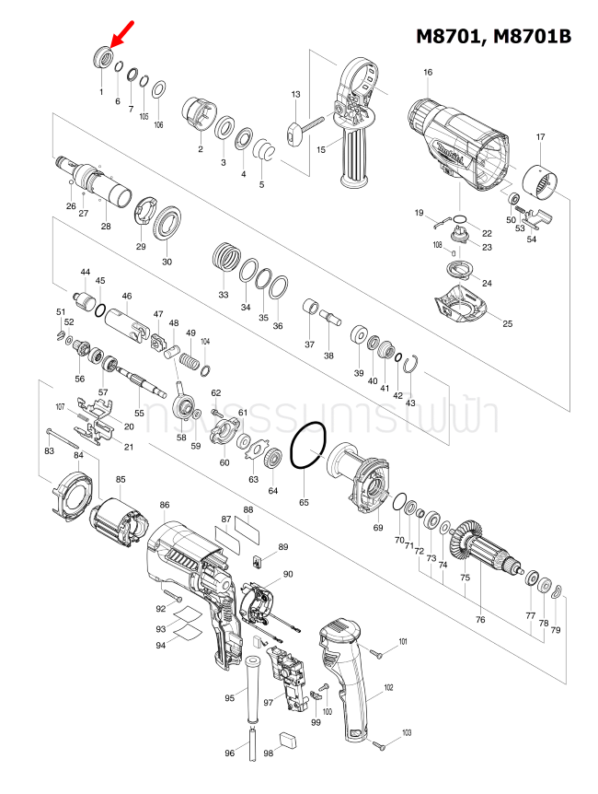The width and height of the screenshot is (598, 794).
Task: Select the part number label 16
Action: tap(428, 72)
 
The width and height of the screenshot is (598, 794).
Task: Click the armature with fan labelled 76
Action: tap(484, 549)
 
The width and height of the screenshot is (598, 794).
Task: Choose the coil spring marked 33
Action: tap(225, 255)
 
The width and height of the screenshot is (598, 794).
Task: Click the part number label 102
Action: tap(388, 687)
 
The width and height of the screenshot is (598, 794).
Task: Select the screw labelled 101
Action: tap(377, 651)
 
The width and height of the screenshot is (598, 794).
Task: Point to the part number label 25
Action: tap(507, 323)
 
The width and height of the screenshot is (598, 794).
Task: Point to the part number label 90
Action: tap(288, 574)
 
